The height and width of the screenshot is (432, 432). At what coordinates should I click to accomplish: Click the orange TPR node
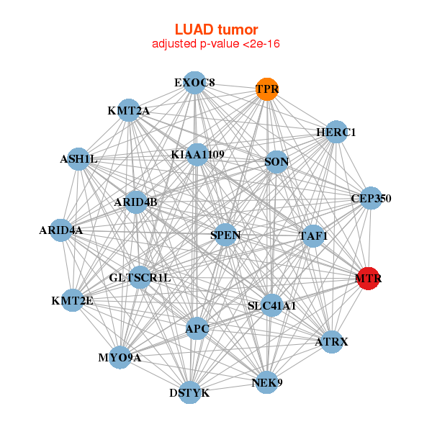tap(267, 89)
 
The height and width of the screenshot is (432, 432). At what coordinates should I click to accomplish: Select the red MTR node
tap(368, 278)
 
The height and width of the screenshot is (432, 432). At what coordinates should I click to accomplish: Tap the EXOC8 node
tap(194, 83)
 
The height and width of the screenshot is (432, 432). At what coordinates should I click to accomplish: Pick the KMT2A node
tap(128, 111)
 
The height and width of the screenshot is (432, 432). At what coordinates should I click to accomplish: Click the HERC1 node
tap(336, 132)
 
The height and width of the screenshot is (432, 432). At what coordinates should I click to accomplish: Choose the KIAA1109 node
tap(197, 154)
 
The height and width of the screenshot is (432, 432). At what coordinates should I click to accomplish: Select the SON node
tap(276, 162)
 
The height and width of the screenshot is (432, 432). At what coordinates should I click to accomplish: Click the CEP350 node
tap(371, 198)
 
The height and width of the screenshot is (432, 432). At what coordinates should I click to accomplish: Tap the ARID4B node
tap(135, 202)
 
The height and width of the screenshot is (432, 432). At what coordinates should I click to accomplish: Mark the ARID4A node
tap(61, 230)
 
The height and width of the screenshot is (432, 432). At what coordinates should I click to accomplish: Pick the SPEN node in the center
tap(225, 235)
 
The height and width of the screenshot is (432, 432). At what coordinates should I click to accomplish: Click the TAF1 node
tap(313, 235)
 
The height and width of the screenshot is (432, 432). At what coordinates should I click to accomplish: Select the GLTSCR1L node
tap(140, 277)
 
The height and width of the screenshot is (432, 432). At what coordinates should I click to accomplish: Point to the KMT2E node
tap(72, 300)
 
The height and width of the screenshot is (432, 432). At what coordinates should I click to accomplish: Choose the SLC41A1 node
tap(271, 306)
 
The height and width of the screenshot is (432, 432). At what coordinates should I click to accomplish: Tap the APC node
tap(197, 329)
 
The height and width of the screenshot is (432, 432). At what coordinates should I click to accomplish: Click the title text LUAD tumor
tap(216, 30)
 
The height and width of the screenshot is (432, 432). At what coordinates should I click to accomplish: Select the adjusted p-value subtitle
tap(216, 44)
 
